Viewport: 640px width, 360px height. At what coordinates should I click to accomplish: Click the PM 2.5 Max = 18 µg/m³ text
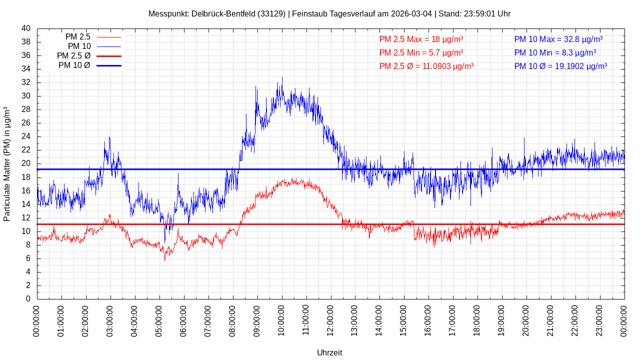pos(421,39)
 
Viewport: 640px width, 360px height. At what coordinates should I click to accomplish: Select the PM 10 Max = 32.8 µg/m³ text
pos(558,39)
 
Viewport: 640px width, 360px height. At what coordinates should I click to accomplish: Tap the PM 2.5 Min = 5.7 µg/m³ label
pos(421,52)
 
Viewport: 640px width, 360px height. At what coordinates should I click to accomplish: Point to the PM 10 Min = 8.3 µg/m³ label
pos(555,52)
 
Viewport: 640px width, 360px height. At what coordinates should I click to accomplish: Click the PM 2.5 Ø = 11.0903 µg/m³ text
pos(426,66)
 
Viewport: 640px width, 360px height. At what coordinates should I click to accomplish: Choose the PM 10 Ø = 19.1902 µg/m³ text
pos(560,66)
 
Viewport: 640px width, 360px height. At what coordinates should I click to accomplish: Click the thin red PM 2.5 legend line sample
pos(108,37)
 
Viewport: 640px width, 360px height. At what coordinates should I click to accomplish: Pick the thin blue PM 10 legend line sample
pos(108,46)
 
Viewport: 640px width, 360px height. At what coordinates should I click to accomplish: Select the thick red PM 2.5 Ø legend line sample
pos(108,56)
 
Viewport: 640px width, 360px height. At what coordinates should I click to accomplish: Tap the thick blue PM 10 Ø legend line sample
pos(108,65)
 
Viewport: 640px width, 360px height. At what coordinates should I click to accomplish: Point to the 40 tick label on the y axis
pos(26,28)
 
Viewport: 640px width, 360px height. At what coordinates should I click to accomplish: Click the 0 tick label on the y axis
pos(28,299)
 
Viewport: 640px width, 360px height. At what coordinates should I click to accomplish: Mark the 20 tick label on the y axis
pos(26,163)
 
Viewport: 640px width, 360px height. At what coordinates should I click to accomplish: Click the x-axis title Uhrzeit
pos(329,352)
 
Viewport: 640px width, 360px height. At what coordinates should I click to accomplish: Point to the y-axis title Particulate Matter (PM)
pos(7,163)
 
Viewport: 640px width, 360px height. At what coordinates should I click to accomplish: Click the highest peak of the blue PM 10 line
pos(282,78)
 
